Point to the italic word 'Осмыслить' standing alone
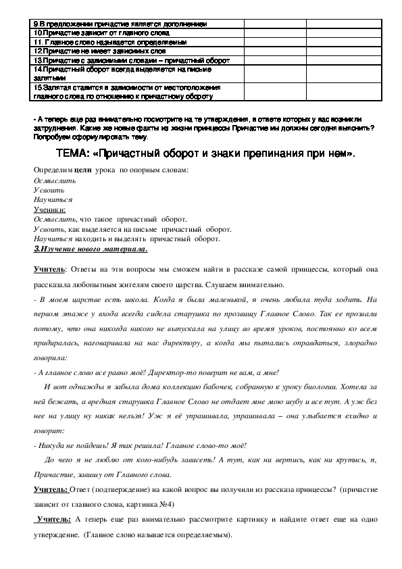coord(49,181)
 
